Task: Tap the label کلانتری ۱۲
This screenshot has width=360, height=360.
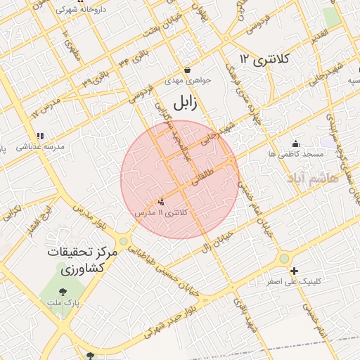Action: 264,59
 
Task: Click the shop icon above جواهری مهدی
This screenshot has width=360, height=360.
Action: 188,70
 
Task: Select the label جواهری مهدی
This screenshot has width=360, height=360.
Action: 183,81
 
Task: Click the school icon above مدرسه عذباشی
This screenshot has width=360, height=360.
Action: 40,135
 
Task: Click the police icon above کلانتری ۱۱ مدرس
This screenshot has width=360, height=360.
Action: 162,202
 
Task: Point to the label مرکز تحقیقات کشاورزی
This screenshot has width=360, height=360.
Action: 77,259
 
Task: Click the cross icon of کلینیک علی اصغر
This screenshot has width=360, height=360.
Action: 294,271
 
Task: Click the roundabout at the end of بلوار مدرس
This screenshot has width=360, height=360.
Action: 124,241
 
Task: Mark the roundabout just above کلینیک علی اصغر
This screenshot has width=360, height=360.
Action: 284,259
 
